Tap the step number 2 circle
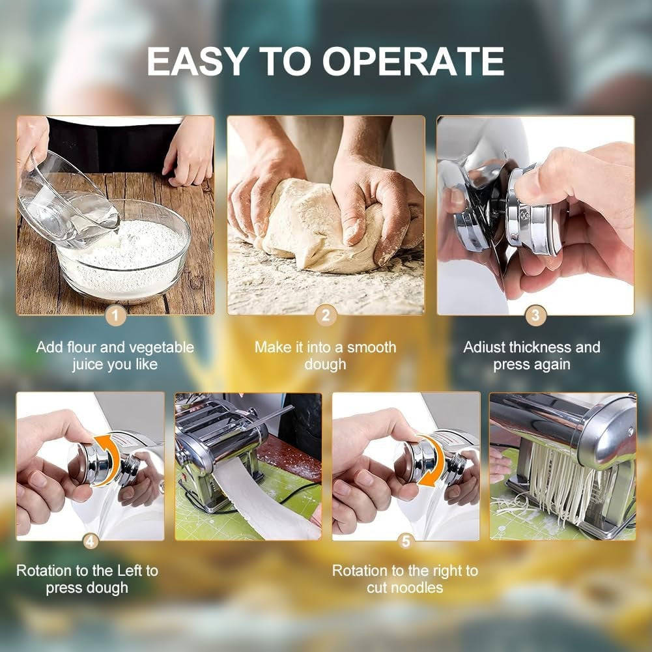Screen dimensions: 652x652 coord(326,316)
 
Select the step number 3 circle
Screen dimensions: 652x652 coord(535,316)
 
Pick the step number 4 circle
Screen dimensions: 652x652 coord(91,541)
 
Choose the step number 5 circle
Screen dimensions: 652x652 coord(406,541)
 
